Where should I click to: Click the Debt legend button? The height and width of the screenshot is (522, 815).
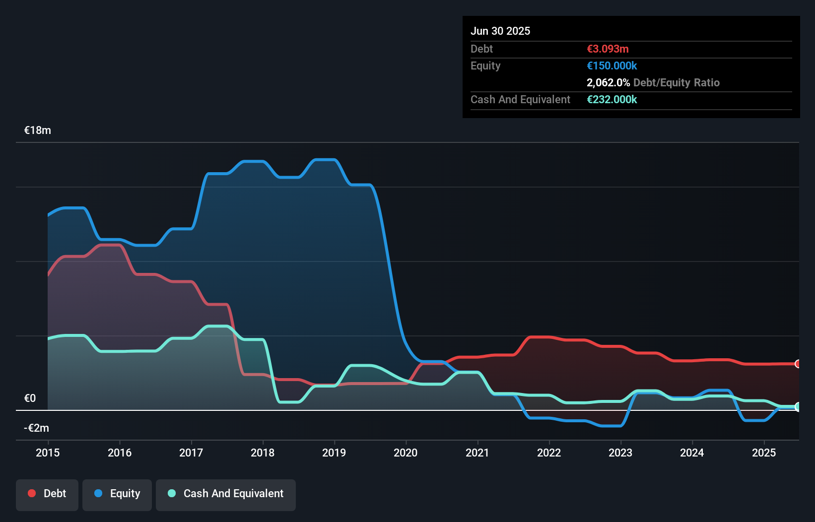pyautogui.click(x=47, y=494)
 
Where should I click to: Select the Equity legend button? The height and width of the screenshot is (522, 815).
pyautogui.click(x=117, y=494)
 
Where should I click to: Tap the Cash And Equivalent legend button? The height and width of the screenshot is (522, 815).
pyautogui.click(x=226, y=494)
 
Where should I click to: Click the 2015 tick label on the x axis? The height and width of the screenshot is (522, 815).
pyautogui.click(x=48, y=453)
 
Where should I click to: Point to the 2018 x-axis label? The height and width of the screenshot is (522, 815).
pyautogui.click(x=263, y=453)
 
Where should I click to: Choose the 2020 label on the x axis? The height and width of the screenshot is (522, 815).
pyautogui.click(x=406, y=453)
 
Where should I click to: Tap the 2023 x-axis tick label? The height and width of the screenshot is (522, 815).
pyautogui.click(x=620, y=453)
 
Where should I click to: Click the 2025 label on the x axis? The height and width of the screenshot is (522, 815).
pyautogui.click(x=764, y=453)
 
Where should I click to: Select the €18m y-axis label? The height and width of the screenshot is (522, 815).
pyautogui.click(x=38, y=130)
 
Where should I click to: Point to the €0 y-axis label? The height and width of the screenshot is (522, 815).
pyautogui.click(x=30, y=398)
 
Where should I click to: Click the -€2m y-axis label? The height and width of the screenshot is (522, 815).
pyautogui.click(x=37, y=428)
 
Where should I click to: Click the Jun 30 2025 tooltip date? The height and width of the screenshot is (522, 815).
pyautogui.click(x=500, y=31)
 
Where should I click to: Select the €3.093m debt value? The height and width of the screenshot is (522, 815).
pyautogui.click(x=608, y=49)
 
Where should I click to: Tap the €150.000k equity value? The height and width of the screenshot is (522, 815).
pyautogui.click(x=611, y=66)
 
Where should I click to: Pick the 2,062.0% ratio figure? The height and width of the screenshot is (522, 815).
pyautogui.click(x=608, y=83)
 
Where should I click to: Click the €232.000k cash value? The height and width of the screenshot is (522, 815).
pyautogui.click(x=611, y=100)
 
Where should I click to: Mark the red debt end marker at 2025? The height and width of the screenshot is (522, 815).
pyautogui.click(x=798, y=364)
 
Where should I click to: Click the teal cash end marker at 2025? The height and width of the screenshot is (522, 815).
pyautogui.click(x=798, y=407)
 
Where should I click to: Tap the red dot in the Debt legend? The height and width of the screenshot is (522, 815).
pyautogui.click(x=32, y=493)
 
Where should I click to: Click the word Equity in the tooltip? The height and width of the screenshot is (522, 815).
pyautogui.click(x=485, y=66)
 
